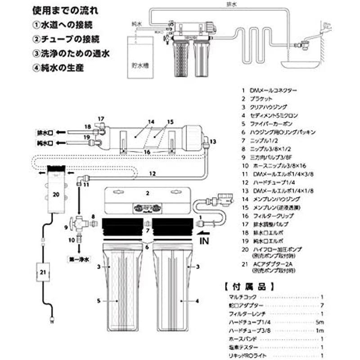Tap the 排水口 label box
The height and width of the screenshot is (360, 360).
tap(46, 133)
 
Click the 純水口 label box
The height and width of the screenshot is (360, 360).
tap(46, 143)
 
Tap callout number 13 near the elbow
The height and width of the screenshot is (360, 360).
tap(213, 141)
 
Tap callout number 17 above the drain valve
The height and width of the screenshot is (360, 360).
tap(101, 119)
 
